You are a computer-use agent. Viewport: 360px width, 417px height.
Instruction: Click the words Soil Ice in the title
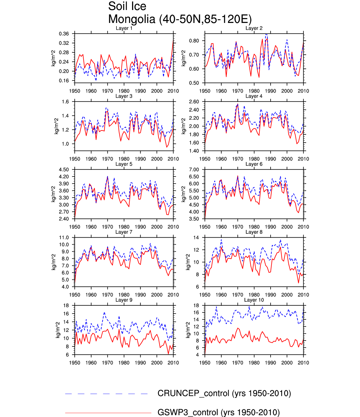point(127,6)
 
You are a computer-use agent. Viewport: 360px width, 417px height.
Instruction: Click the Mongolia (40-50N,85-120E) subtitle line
point(180,19)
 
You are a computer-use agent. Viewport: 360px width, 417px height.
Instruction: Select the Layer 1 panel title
point(124,28)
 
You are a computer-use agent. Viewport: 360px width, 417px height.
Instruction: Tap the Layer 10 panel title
point(254,300)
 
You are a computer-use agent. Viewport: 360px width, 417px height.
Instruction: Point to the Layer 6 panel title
point(254,164)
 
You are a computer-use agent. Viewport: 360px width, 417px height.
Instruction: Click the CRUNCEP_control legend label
point(224,393)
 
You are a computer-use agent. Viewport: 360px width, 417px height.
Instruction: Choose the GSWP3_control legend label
point(219,412)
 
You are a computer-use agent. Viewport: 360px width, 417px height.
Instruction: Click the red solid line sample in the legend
point(108,413)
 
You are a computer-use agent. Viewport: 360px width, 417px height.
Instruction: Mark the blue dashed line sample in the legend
point(106,394)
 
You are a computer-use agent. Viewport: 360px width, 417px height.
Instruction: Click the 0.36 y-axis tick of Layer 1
point(64,34)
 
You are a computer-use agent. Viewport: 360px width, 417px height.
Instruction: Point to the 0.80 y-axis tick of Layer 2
point(194,41)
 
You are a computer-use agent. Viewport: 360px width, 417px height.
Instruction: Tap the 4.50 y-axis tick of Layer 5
point(64,170)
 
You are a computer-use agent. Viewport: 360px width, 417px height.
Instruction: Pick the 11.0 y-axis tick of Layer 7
point(64,238)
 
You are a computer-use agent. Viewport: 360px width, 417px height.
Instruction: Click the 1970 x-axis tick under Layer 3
point(107,159)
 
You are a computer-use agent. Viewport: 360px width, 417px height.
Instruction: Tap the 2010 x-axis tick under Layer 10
point(303,363)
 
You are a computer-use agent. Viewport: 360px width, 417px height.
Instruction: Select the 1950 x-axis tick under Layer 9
point(75,363)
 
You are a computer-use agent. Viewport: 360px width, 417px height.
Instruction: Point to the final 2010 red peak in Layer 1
point(173,41)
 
